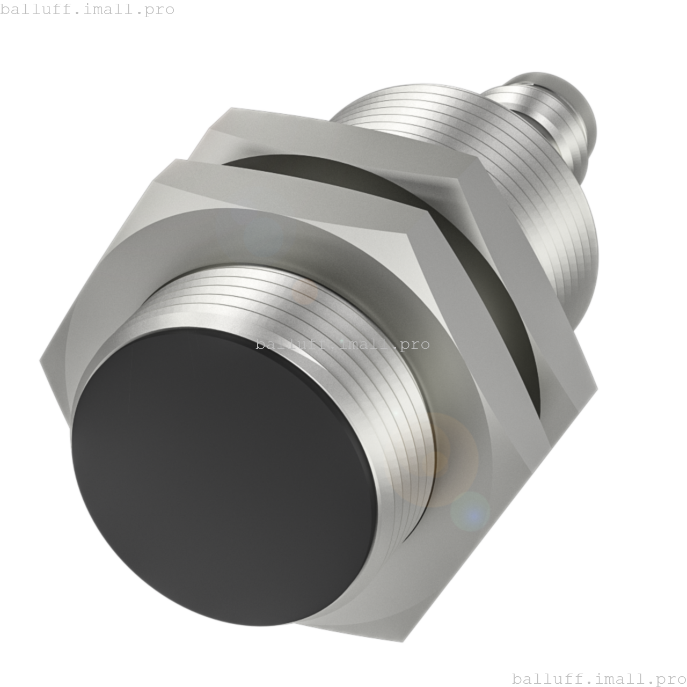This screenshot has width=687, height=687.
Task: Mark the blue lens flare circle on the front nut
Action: pos(470,511)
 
